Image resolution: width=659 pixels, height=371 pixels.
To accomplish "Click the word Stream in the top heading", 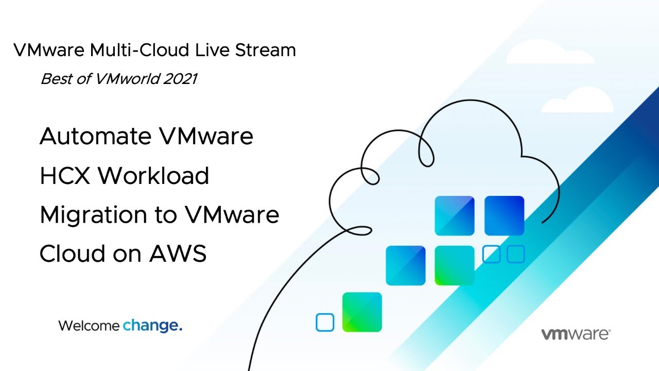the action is pos(265,50).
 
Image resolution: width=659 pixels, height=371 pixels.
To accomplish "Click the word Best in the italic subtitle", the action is pos(56,79).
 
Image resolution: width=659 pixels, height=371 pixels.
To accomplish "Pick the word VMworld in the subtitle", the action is pos(127,79).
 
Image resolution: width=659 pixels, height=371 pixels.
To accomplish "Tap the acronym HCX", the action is pos(65,176).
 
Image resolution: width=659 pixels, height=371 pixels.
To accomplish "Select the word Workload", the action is pos(153,175).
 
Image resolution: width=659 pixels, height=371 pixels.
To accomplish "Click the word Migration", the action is pos(94,215).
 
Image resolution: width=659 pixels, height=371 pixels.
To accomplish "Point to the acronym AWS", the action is pos(178,254).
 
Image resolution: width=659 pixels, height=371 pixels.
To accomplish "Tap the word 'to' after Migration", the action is pos(166,215).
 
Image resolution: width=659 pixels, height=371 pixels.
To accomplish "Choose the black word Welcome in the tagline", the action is pos(89,326).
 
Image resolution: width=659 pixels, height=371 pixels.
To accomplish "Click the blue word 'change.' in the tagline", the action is pos(152,326).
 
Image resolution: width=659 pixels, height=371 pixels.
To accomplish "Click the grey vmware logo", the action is pos(576,334).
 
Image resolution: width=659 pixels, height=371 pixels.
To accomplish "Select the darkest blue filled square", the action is pos(504,216).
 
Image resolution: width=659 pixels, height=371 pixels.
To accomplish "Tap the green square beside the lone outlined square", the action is pos(362,312).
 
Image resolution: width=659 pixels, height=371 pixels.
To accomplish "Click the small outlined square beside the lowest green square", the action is pos(325,323).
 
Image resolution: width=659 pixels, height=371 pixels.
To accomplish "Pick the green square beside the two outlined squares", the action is pos(455,265).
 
